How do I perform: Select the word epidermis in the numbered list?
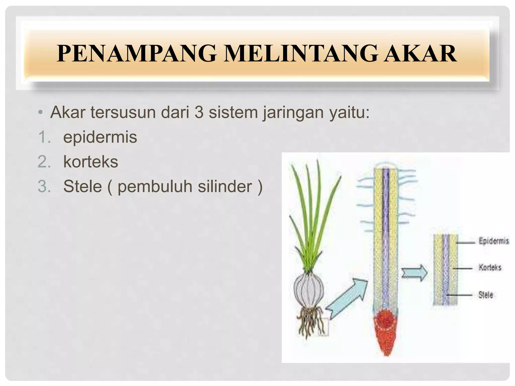coord(100,137)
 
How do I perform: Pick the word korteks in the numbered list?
coord(91,162)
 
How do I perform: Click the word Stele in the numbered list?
coord(82,186)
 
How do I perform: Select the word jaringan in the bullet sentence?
coord(293,113)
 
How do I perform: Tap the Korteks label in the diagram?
coord(490,267)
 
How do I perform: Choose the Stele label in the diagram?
coord(486,295)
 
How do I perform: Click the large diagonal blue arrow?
coord(347,299)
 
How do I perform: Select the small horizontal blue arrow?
coord(414,273)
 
